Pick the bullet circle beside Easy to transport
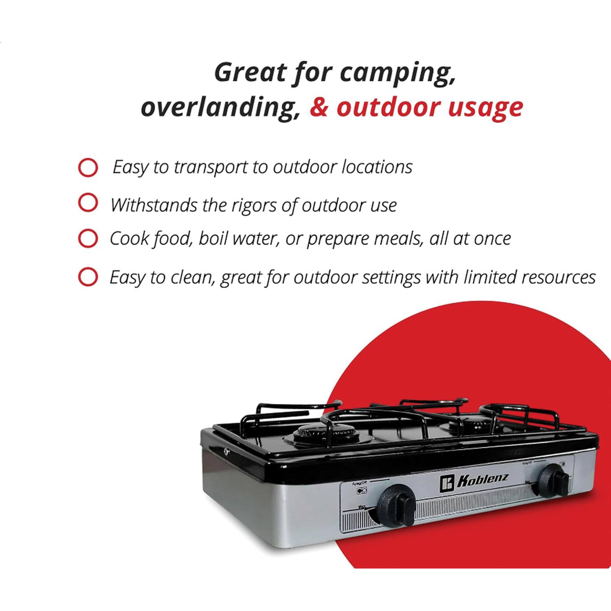88,167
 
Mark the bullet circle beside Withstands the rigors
88,203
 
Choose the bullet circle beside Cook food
88,239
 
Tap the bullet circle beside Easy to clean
88,277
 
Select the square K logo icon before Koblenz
446,484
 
